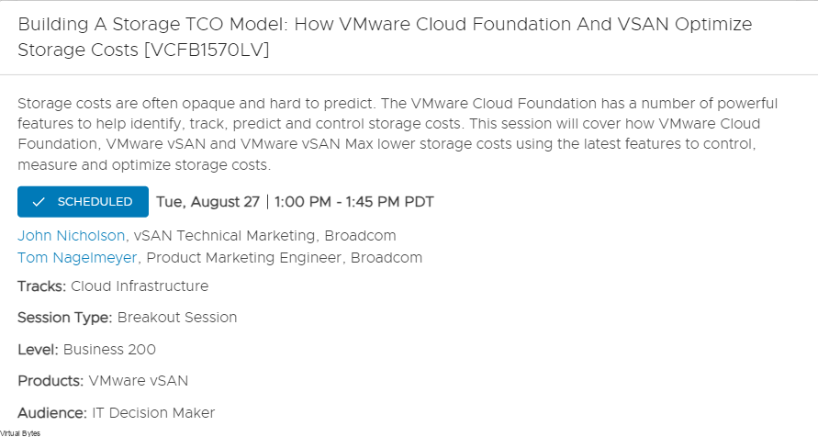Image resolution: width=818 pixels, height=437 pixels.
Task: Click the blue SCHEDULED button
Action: pos(83,202)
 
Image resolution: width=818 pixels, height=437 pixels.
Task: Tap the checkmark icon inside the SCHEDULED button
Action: pos(38,202)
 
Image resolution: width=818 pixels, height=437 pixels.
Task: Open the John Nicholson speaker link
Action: pos(72,236)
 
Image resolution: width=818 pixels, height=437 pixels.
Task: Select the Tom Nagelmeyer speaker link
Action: pos(77,258)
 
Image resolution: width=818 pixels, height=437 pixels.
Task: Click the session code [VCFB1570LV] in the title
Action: pos(207,50)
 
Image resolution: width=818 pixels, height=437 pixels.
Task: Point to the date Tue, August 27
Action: pos(207,202)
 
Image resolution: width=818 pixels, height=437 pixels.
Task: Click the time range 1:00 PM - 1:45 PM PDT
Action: pos(354,202)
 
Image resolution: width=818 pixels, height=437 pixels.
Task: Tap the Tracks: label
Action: pos(41,286)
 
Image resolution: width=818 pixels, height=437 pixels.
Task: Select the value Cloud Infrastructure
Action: pos(140,286)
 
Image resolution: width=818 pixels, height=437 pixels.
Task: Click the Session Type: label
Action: pos(64,318)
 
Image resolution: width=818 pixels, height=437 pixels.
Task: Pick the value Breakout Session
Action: pos(177,318)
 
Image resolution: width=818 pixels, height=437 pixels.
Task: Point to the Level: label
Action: pos(38,350)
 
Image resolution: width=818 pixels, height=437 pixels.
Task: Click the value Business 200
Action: pos(109,350)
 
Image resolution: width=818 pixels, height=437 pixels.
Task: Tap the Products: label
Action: pos(50,381)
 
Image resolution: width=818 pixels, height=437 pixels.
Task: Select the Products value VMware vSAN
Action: pos(139,381)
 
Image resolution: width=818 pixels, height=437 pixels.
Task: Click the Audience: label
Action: pos(52,413)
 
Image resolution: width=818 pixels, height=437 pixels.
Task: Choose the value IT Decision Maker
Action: pos(153,413)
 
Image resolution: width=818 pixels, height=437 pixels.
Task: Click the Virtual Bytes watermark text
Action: pos(20,433)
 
